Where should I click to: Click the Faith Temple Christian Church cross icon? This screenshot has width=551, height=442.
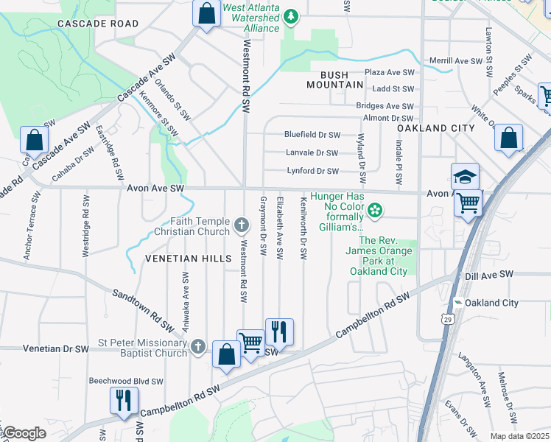click(x=242, y=223)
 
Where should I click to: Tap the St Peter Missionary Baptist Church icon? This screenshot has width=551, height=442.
click(x=197, y=346)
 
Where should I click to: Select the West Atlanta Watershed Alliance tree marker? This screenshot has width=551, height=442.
click(x=292, y=15)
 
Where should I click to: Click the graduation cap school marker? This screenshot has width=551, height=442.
click(x=465, y=177)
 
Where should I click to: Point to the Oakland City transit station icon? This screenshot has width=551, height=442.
click(x=457, y=303)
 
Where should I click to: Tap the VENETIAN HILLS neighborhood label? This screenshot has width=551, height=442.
click(x=178, y=259)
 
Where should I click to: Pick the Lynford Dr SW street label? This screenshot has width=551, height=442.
click(x=312, y=172)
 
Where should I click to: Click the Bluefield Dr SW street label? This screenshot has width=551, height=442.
click(x=312, y=135)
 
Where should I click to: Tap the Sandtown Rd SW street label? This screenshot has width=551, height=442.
click(x=144, y=309)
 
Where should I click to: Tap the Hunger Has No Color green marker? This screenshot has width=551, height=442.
click(x=376, y=211)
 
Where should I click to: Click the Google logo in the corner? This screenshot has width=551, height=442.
click(x=25, y=433)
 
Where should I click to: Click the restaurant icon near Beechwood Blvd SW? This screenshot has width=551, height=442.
click(x=122, y=400)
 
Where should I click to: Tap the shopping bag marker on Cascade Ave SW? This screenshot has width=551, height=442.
click(x=34, y=139)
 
